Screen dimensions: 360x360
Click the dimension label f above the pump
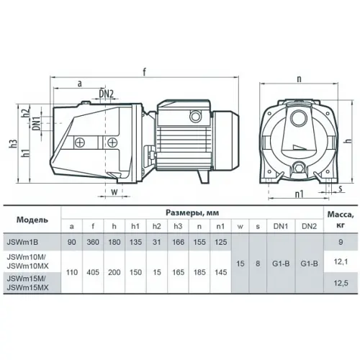(x=144, y=72)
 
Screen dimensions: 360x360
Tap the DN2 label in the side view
(x=107, y=94)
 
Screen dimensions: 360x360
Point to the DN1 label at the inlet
(x=37, y=123)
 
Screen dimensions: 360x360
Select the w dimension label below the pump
(x=114, y=192)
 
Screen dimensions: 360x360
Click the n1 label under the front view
(x=299, y=194)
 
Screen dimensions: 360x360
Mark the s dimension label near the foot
(x=340, y=189)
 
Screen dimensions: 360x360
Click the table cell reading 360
(x=93, y=242)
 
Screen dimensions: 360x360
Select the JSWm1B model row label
(x=22, y=242)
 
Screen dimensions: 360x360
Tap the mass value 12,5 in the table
(x=341, y=283)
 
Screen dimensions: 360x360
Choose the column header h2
(x=157, y=226)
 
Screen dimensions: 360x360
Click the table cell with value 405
(x=93, y=272)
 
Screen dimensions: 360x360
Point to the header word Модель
(x=32, y=220)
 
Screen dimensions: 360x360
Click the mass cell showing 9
(x=341, y=242)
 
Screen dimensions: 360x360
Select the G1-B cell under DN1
(x=281, y=264)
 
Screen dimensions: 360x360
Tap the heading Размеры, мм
(x=192, y=212)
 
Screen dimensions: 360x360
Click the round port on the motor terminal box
(x=196, y=116)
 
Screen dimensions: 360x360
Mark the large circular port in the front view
(x=298, y=118)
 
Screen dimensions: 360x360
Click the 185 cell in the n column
(x=199, y=272)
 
